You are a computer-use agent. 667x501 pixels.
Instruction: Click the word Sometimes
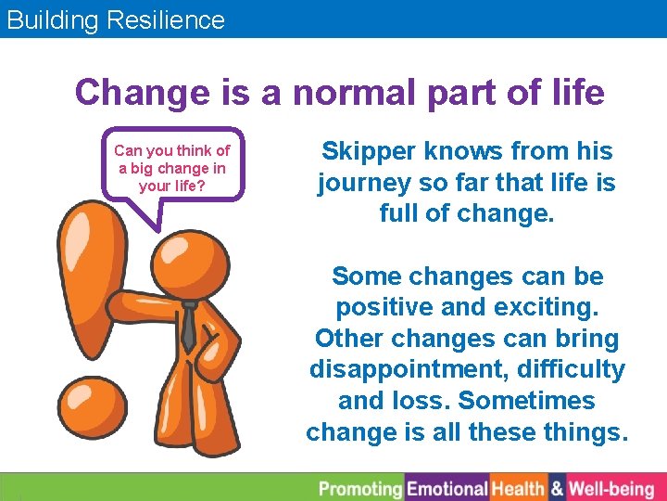coord(526,401)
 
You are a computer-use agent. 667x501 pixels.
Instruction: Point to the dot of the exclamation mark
coord(92,405)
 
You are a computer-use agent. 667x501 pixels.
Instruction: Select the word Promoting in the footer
coord(360,488)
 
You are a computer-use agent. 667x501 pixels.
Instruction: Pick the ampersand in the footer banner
coord(558,488)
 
